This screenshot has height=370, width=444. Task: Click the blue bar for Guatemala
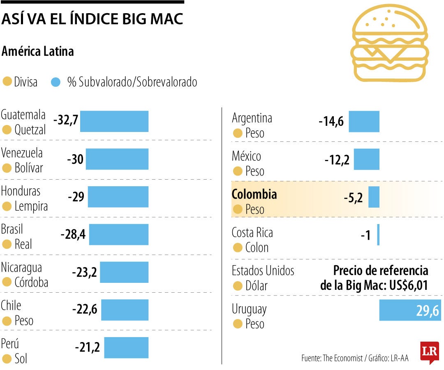click(114, 121)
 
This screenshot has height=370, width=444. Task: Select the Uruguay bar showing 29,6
click(409, 310)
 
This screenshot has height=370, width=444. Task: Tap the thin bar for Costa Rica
click(378, 235)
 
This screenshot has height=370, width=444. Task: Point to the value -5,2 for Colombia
click(353, 198)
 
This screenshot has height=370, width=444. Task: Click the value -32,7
click(66, 121)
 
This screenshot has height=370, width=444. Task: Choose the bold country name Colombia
click(254, 194)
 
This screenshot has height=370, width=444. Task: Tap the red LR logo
click(429, 352)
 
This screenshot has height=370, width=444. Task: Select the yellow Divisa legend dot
click(7, 82)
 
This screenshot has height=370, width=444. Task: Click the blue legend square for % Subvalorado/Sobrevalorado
click(56, 82)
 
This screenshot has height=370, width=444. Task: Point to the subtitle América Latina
click(38, 51)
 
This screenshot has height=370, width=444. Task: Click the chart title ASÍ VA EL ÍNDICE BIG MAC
click(92, 19)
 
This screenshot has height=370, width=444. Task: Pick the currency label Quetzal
click(30, 130)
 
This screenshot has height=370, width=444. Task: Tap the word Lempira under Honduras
click(31, 206)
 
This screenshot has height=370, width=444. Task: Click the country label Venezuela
click(22, 153)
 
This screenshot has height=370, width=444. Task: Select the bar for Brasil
click(118, 235)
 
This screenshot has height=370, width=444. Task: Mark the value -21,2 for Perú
click(87, 348)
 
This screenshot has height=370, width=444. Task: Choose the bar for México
click(366, 160)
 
